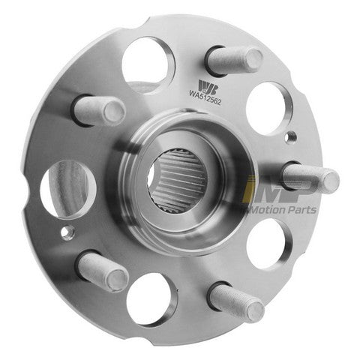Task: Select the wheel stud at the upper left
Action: pyautogui.click(x=100, y=111)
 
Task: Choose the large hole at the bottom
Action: pyautogui.click(x=151, y=298)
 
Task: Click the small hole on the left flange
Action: pyautogui.click(x=69, y=230)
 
